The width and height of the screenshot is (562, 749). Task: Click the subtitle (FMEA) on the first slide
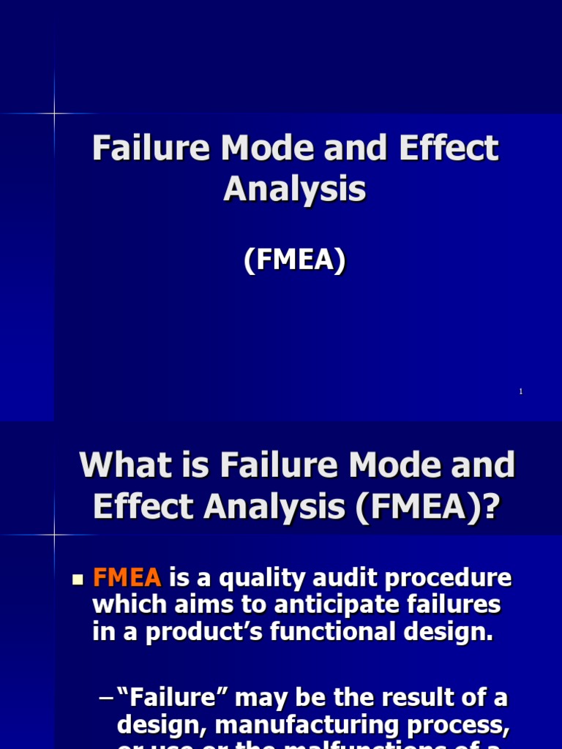tap(295, 260)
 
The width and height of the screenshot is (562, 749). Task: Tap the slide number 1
tap(520, 392)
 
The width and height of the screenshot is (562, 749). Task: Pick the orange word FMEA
tap(127, 579)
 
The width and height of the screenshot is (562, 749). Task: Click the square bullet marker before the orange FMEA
tap(78, 580)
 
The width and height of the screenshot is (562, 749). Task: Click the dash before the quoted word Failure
tap(105, 699)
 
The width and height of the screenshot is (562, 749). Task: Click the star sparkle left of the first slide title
tap(55, 113)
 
